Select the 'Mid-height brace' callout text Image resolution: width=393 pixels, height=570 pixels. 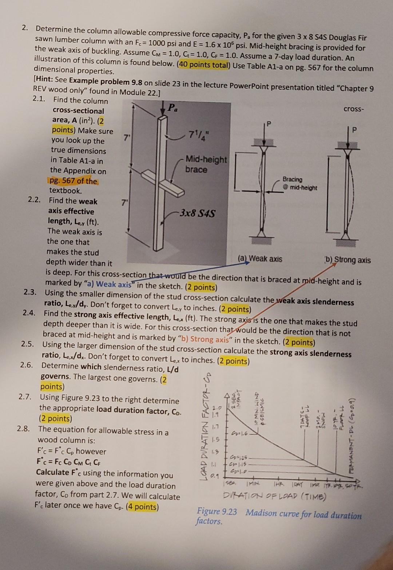click(206, 164)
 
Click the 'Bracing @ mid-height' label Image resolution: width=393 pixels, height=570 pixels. click(299, 184)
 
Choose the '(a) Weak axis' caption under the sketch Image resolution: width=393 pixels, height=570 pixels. click(260, 259)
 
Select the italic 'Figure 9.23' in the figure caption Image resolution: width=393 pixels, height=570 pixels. click(217, 511)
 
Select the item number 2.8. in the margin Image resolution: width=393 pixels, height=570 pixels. click(24, 429)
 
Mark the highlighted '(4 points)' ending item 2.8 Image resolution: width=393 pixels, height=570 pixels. click(142, 507)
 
